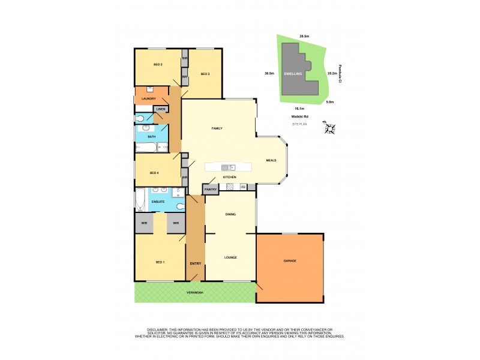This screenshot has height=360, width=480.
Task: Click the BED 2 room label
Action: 141,64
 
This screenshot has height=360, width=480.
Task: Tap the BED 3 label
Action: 205,74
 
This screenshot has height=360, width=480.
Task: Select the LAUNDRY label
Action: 148,98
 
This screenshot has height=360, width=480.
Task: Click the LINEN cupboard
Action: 161,109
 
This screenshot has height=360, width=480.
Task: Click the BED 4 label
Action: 154,173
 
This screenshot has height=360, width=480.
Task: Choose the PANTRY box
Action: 211,190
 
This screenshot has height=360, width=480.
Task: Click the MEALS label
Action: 271,160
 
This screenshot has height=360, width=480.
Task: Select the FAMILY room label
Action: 217,128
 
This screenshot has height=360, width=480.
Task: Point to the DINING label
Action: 230,214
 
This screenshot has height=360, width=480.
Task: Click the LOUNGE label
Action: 230,257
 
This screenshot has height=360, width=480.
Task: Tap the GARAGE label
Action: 290,261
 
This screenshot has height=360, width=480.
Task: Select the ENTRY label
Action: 196,263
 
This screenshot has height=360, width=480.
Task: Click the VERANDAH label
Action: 194,292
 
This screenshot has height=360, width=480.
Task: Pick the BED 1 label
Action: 160,262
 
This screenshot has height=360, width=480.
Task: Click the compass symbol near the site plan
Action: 329,128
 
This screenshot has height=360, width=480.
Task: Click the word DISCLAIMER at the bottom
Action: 160,329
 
